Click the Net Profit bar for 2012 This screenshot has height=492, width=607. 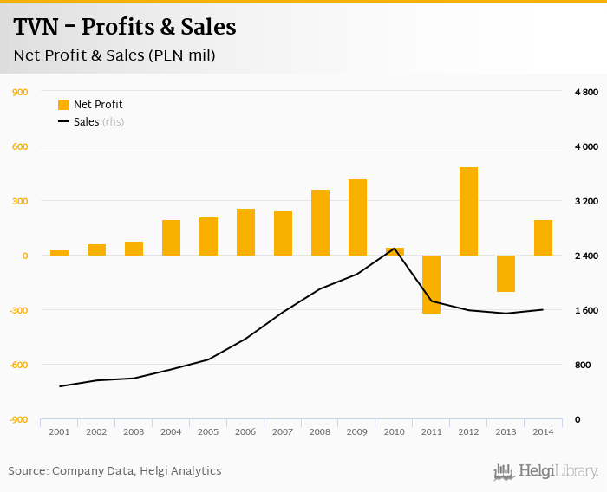(468, 211)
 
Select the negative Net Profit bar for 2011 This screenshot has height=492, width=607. (431, 284)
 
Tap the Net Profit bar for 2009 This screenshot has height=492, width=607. (357, 217)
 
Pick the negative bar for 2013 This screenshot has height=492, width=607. (506, 274)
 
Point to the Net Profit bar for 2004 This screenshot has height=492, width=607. (171, 237)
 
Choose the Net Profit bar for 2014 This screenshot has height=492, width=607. (543, 237)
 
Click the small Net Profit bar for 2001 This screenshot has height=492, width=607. (59, 253)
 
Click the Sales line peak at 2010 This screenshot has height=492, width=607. (395, 249)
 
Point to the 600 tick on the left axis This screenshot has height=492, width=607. (20, 146)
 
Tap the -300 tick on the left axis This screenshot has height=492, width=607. (18, 310)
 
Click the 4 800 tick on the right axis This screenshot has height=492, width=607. (586, 92)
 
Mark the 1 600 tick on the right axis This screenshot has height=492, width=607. (586, 310)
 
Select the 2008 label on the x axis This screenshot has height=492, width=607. (320, 431)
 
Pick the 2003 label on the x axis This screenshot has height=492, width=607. (134, 431)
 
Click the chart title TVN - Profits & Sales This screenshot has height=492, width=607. (124, 27)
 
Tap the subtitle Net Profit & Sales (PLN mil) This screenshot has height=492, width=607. (114, 55)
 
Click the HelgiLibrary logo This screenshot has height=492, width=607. (545, 471)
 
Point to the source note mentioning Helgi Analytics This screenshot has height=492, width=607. (114, 471)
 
